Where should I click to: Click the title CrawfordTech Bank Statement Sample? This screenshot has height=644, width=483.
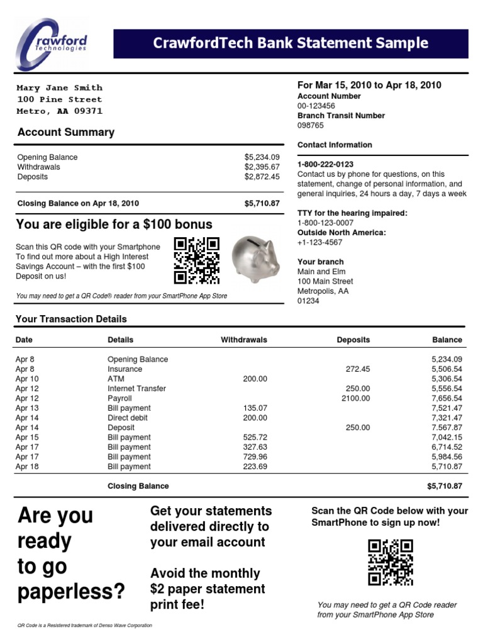291,43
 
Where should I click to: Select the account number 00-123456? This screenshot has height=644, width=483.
316,106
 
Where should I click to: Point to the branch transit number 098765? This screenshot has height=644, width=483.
311,125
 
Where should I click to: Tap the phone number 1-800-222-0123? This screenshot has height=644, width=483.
325,164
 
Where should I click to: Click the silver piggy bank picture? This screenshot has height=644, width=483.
255,258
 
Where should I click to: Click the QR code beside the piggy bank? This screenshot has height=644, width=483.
196,260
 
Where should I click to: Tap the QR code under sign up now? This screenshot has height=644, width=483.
390,562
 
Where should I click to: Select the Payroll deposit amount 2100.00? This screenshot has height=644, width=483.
356,398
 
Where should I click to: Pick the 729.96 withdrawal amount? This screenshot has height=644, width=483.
255,457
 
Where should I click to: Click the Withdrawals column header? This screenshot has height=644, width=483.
244,340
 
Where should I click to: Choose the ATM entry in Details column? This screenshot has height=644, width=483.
116,379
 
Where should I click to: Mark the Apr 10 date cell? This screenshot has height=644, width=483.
27,379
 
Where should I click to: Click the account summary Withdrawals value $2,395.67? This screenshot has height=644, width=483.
262,167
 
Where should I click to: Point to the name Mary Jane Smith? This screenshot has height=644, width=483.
59,88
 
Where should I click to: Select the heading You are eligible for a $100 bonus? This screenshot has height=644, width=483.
114,225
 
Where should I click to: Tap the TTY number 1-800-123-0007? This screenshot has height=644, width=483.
325,223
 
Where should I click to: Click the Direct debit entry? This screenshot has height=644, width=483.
128,418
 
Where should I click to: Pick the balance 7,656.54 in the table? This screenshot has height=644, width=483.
447,398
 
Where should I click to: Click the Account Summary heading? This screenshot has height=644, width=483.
66,132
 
